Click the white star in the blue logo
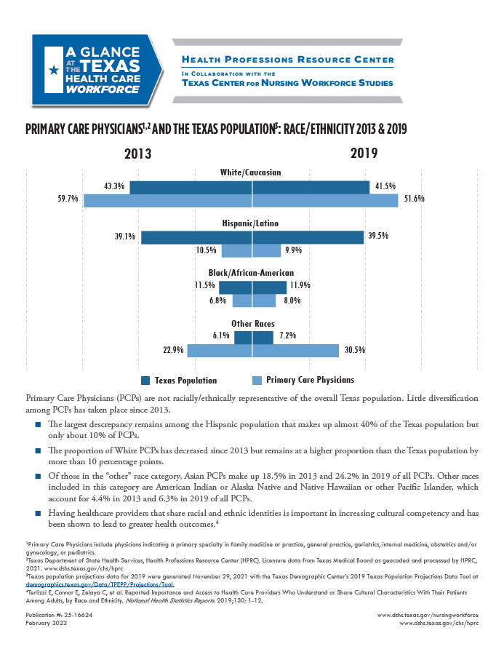pyautogui.click(x=53, y=71)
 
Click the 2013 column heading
pyautogui.click(x=138, y=154)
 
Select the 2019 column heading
pyautogui.click(x=364, y=154)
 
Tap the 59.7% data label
pyautogui.click(x=68, y=199)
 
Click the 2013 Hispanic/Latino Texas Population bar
pyautogui.click(x=196, y=237)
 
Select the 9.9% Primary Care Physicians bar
pyautogui.click(x=266, y=250)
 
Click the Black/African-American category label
pyautogui.click(x=252, y=273)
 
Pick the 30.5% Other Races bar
pyautogui.click(x=295, y=351)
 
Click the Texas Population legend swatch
pyautogui.click(x=145, y=380)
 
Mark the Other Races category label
pyautogui.click(x=252, y=323)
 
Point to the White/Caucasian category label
pyautogui.click(x=252, y=172)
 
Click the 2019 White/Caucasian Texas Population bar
pyautogui.click(x=311, y=188)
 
